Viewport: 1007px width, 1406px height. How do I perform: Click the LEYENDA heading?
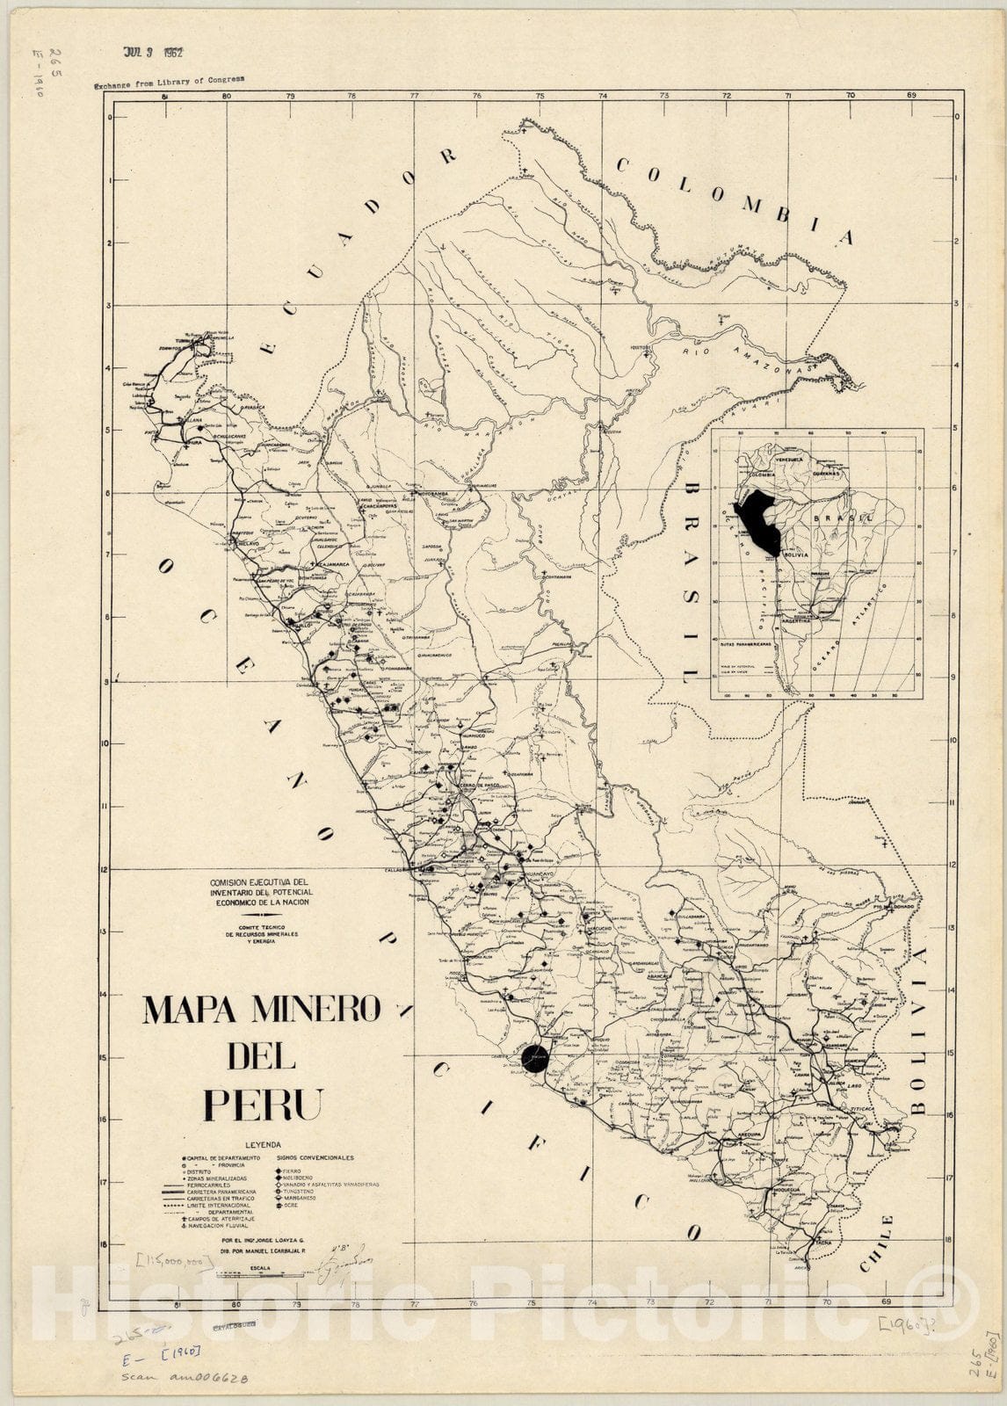click(263, 1145)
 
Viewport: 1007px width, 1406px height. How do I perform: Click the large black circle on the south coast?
click(534, 1059)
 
